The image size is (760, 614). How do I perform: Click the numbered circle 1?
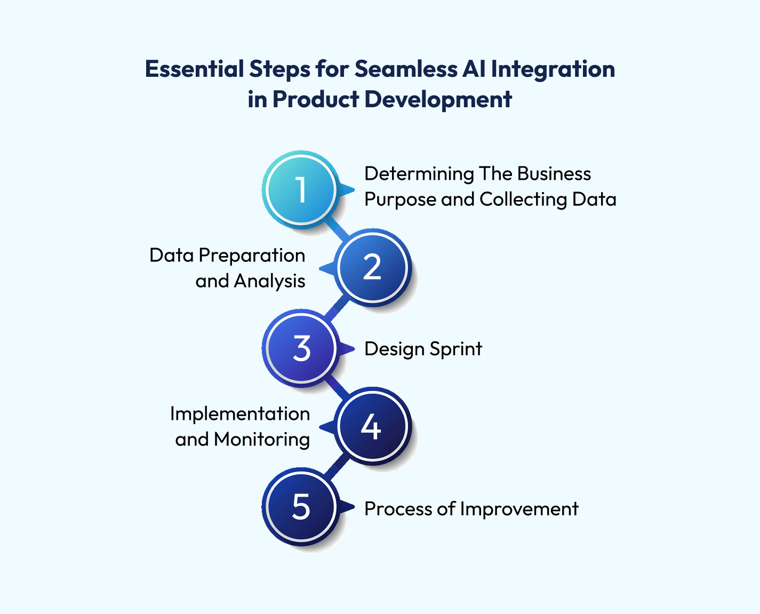pos(301,189)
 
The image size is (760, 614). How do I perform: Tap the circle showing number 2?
pos(372,268)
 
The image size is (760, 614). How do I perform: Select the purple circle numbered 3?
pos(301,348)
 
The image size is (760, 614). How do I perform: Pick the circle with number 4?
pos(372,426)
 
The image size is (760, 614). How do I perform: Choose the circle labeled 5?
pos(301,507)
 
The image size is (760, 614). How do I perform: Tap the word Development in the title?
pos(438,100)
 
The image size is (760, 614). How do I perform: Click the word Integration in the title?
pos(553,69)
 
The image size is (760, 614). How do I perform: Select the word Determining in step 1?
pos(419,174)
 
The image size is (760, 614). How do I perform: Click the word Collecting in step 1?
pos(523,200)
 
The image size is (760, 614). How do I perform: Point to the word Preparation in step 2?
pos(252,256)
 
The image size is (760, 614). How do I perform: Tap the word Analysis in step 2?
pos(269,281)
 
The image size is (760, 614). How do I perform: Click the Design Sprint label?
pos(423,349)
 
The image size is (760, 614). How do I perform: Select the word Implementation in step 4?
pos(240,414)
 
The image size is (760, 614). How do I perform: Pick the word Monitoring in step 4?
pos(261,440)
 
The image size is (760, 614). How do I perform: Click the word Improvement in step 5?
pos(519,508)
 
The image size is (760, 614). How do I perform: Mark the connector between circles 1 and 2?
pos(337,228)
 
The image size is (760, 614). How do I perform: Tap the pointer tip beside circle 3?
pos(354,348)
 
